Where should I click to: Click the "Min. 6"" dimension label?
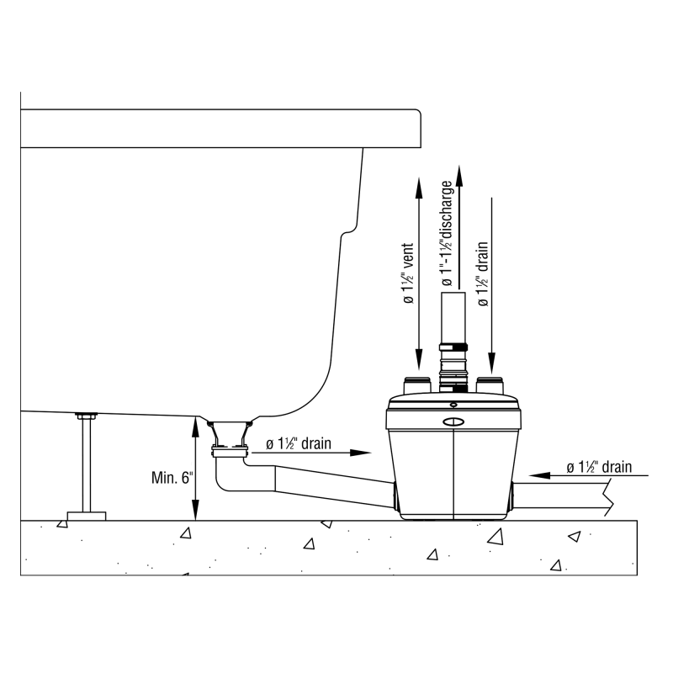[x=172, y=477]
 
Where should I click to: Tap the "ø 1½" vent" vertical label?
[x=408, y=273]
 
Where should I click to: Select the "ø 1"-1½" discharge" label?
[x=447, y=233]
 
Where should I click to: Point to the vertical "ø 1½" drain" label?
[x=483, y=274]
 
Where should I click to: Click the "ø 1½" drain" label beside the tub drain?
[x=299, y=443]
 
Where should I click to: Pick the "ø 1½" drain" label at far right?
[x=599, y=467]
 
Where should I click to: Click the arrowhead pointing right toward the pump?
[x=361, y=453]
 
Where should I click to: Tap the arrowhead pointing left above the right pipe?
[x=539, y=475]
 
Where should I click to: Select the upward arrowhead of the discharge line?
[x=459, y=176]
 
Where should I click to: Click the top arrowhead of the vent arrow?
[x=419, y=187]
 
